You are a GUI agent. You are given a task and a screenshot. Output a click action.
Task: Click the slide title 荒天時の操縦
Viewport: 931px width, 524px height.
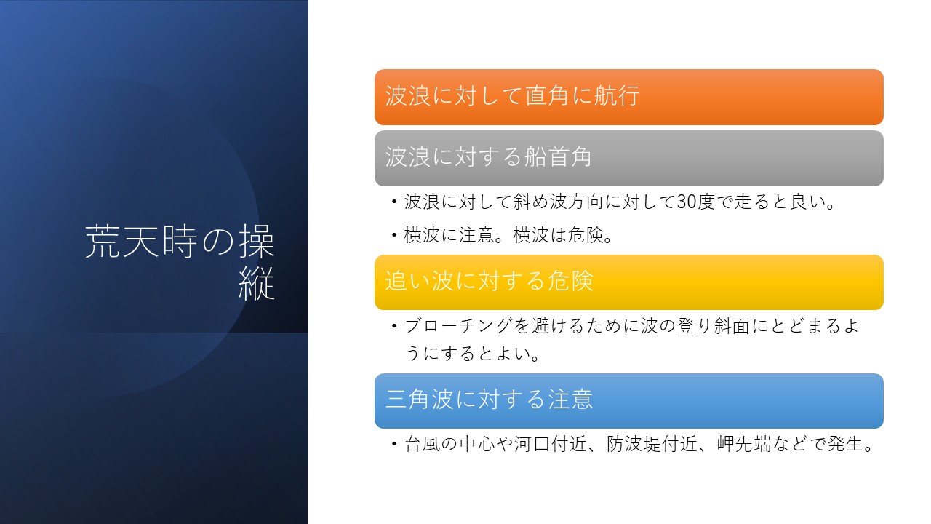180,262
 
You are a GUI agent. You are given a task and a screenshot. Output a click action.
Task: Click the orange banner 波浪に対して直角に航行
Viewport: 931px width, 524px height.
629,97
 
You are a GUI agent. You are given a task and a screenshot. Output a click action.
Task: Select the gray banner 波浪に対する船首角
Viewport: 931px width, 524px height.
629,158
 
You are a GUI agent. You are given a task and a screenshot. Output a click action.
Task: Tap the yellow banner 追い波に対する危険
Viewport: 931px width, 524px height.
629,282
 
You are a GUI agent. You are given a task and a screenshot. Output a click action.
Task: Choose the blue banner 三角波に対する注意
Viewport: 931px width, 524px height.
629,401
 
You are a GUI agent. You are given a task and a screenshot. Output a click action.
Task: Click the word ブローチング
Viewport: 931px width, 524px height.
458,325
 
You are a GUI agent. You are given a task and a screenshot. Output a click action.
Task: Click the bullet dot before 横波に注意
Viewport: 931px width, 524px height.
394,235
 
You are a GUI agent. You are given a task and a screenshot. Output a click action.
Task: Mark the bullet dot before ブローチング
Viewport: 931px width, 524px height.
394,325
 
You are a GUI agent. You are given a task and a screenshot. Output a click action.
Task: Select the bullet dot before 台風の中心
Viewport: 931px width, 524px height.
394,444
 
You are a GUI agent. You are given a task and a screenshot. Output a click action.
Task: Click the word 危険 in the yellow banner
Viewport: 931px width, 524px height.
570,280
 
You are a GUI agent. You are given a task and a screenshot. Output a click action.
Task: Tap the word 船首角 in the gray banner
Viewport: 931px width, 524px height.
557,156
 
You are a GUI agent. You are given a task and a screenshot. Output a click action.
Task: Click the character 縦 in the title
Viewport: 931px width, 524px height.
257,284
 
